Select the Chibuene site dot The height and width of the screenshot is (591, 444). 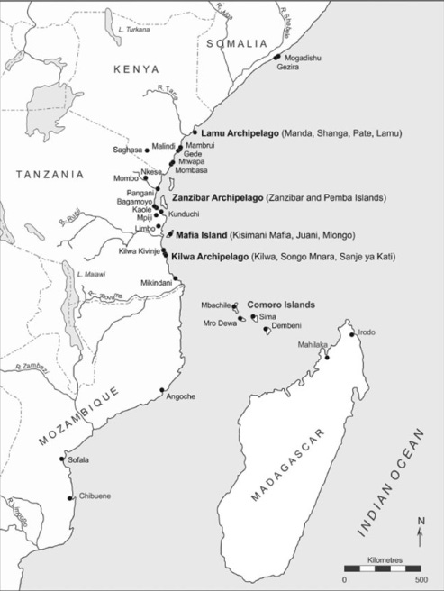71,497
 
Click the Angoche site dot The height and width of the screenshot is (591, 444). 162,390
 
